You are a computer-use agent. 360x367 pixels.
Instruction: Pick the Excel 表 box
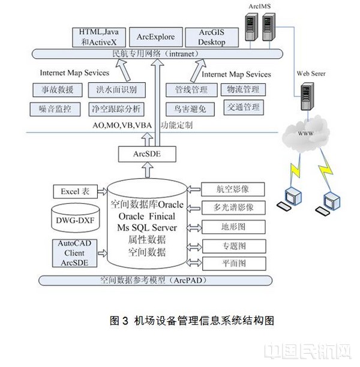click(x=75, y=192)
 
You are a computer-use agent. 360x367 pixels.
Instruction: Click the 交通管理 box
click(x=243, y=107)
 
